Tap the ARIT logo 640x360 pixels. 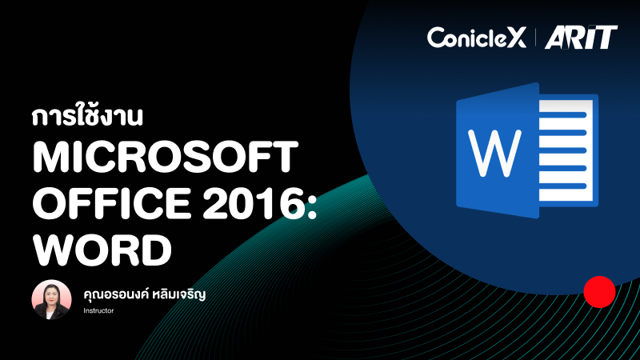[x=581, y=37]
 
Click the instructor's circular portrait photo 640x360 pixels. [x=51, y=298]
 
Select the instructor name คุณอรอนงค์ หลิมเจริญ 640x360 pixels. [x=145, y=294]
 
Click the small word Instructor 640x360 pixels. [x=98, y=310]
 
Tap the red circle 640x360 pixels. [x=598, y=292]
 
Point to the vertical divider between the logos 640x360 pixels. [x=535, y=37]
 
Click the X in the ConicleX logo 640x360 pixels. [x=518, y=37]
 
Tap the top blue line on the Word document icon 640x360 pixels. [x=566, y=114]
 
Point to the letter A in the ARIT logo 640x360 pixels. [x=557, y=37]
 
